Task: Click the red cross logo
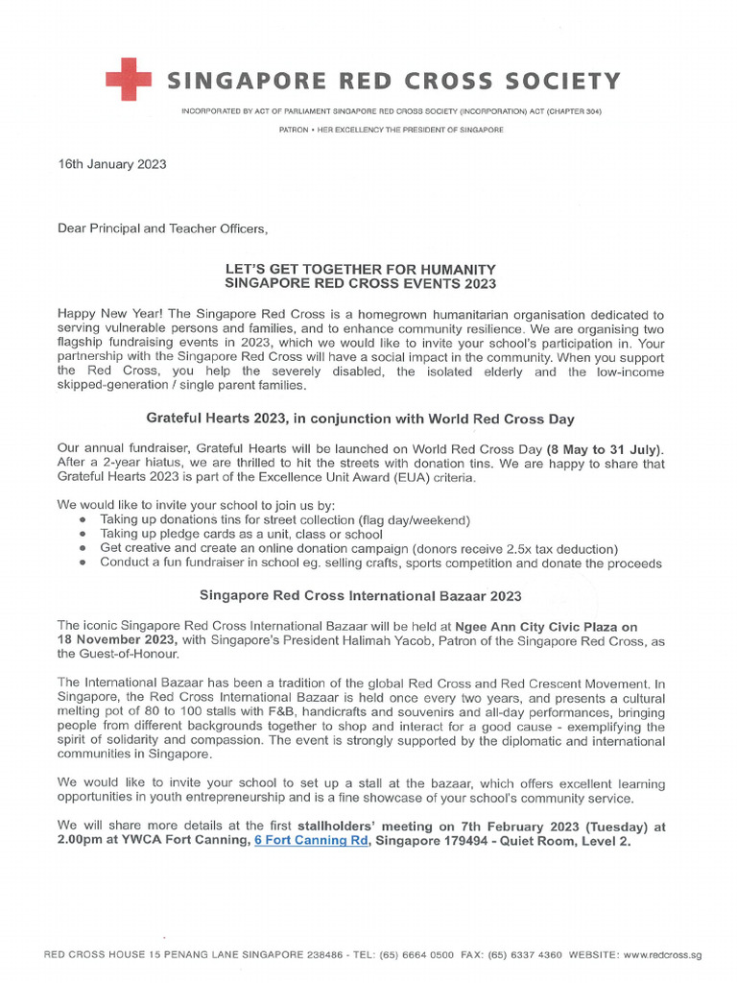[x=128, y=79]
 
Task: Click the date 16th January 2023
[x=112, y=164]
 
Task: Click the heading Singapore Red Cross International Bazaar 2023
[x=360, y=595]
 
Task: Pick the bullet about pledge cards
[x=241, y=534]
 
